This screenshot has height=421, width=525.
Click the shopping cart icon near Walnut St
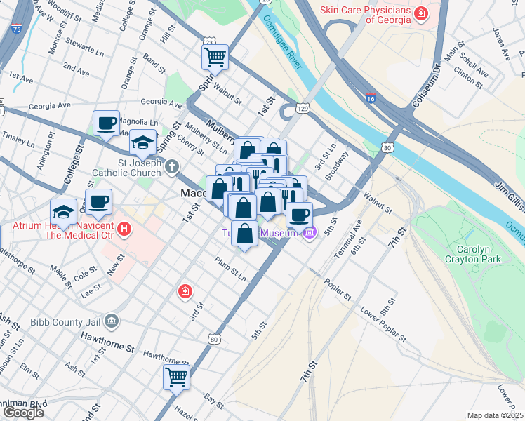(x=215, y=56)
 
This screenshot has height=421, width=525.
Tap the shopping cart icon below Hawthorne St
(x=177, y=377)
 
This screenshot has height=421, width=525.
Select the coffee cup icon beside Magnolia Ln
(x=106, y=123)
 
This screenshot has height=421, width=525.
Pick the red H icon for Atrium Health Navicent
(x=124, y=229)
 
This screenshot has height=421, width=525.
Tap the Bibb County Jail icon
(x=112, y=322)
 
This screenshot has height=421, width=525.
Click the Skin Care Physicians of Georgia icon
(x=420, y=13)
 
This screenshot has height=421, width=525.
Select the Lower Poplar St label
(x=383, y=323)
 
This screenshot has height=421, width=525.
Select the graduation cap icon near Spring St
(x=142, y=143)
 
